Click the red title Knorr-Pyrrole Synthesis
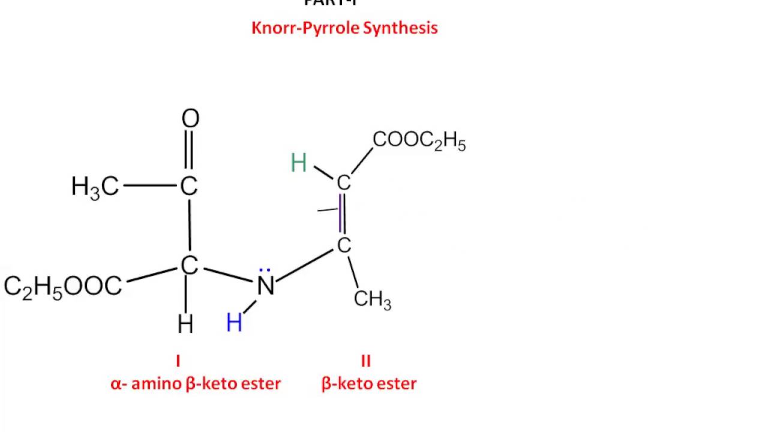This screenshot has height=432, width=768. click(x=344, y=28)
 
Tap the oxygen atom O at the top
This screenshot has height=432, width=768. click(x=190, y=119)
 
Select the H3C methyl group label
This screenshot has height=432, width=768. click(x=95, y=187)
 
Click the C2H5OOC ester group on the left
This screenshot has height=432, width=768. click(x=63, y=287)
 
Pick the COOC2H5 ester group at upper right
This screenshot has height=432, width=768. click(x=419, y=142)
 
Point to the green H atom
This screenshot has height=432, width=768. click(x=299, y=163)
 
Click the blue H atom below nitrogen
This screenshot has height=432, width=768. click(x=234, y=324)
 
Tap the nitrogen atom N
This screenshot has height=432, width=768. click(x=266, y=286)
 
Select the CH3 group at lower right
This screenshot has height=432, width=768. click(x=372, y=299)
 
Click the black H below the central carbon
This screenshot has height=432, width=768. click(x=185, y=325)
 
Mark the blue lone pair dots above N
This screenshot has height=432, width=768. click(x=266, y=271)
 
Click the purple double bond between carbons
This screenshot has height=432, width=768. click(x=342, y=214)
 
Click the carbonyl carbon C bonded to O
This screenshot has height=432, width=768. click(x=189, y=187)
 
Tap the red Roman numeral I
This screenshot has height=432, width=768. click(x=178, y=361)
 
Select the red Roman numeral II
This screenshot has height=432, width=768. click(x=366, y=361)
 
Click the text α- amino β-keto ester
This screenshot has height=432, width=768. click(x=196, y=384)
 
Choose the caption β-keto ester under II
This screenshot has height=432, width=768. click(x=369, y=384)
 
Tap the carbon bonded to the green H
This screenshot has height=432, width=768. click(x=343, y=183)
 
